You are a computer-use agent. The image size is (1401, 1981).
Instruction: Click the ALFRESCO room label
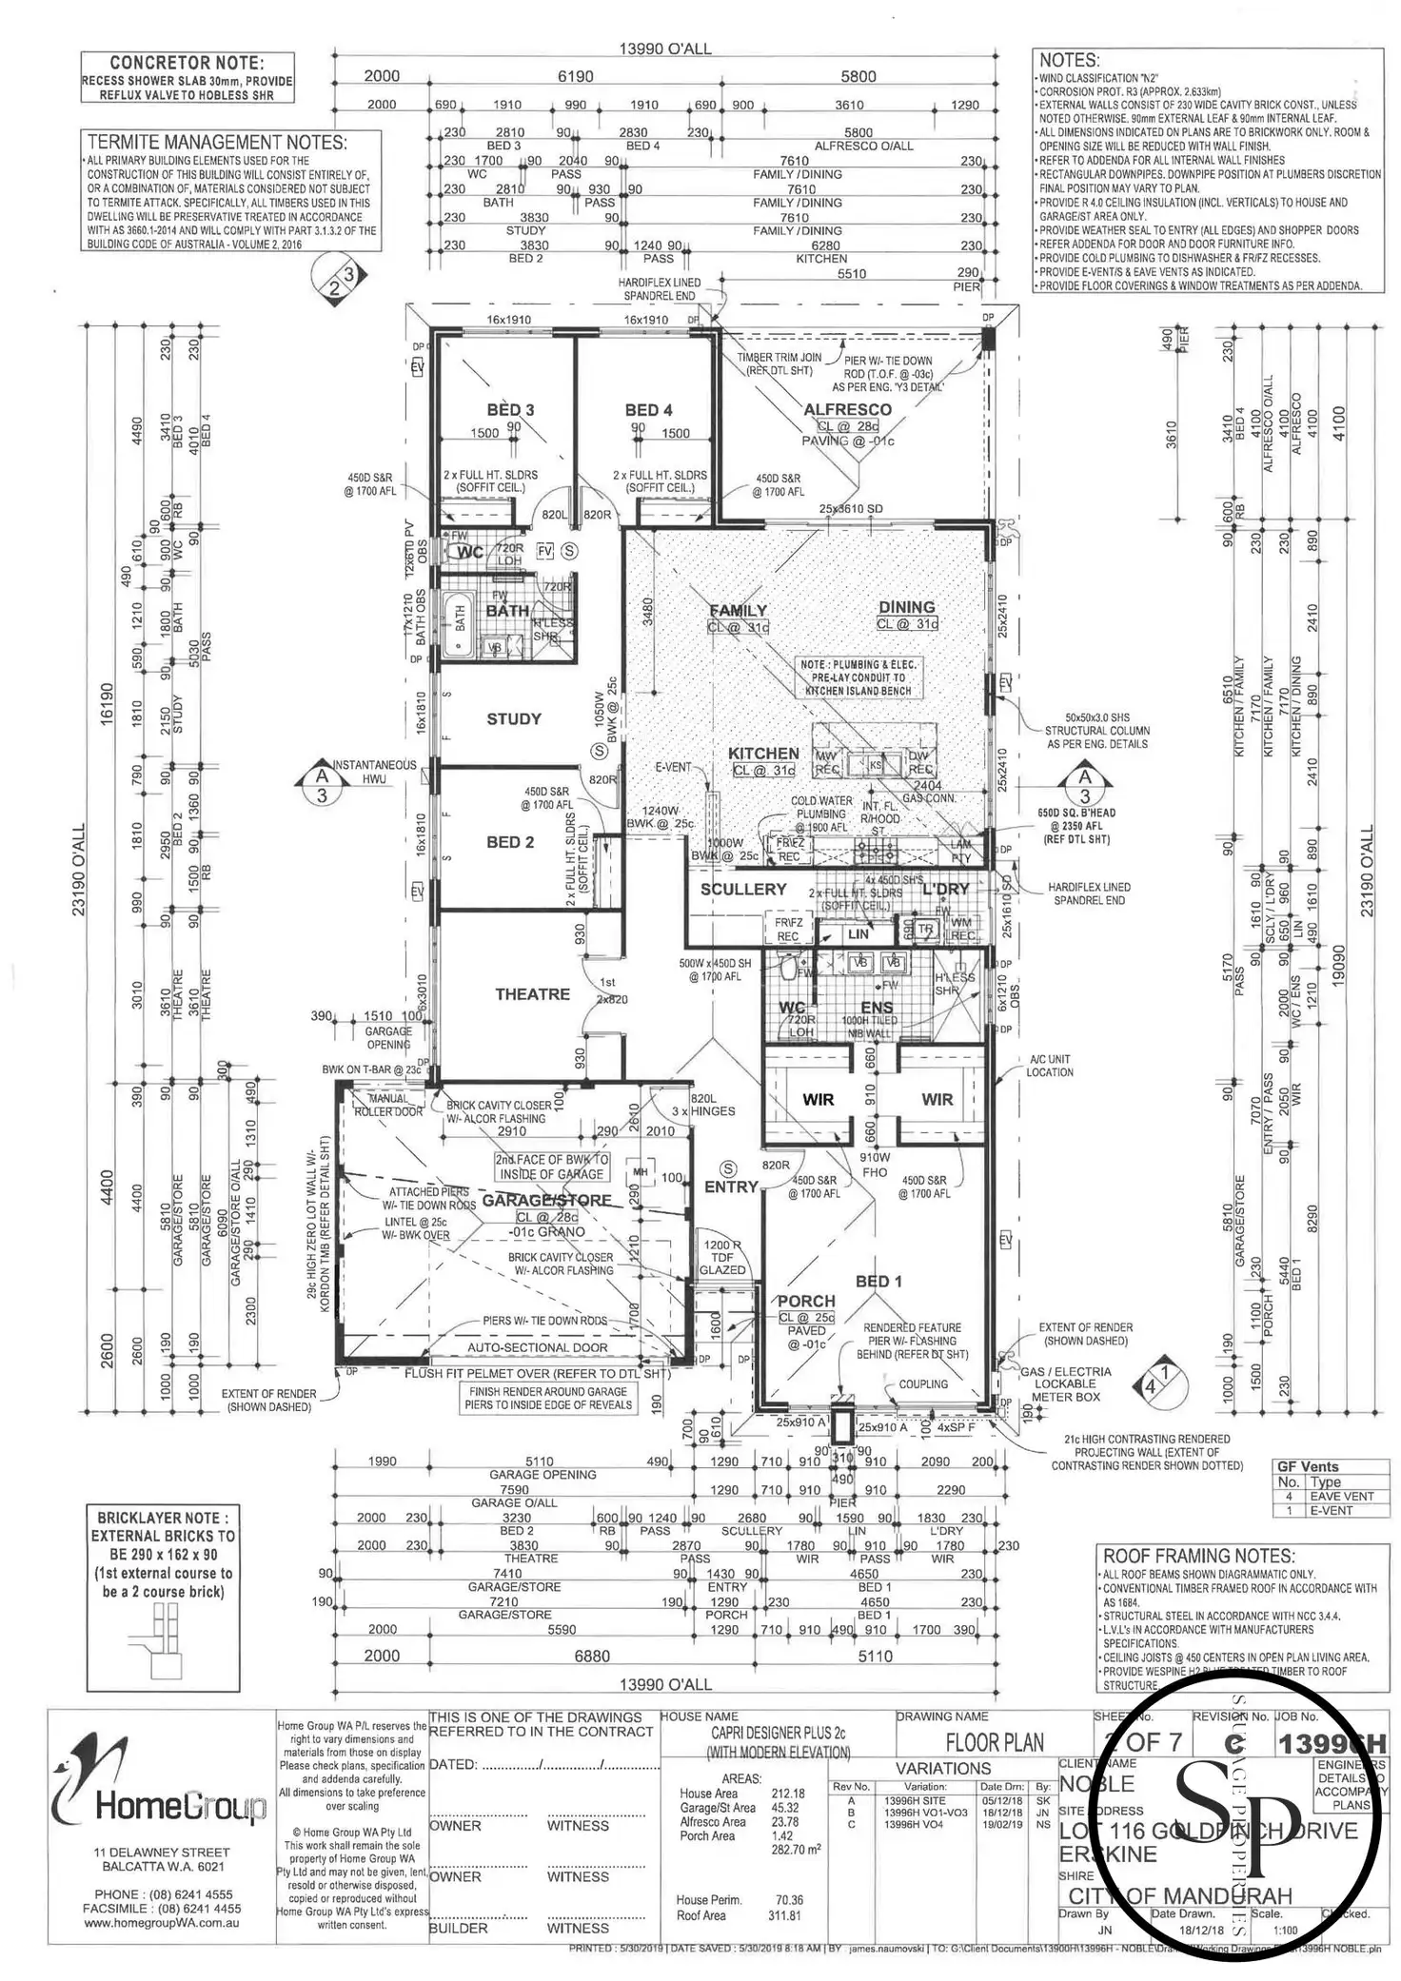847,409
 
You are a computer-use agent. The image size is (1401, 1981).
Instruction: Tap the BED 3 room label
510,410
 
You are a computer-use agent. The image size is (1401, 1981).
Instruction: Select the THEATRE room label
532,994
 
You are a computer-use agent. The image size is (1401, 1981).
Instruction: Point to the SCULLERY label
743,890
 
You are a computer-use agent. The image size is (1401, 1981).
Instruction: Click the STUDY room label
514,719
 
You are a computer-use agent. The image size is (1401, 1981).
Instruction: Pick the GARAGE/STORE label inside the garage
545,1201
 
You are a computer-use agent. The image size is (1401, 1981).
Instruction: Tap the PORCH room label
806,1301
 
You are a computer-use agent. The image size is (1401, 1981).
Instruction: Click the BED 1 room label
878,1282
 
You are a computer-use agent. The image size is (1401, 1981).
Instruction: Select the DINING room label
906,607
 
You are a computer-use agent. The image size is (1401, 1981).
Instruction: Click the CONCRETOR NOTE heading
187,63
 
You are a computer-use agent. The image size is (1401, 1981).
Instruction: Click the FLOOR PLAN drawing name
995,1743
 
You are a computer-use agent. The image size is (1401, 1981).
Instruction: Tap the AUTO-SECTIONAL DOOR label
537,1347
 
